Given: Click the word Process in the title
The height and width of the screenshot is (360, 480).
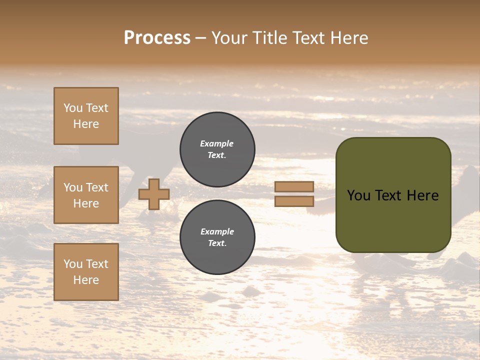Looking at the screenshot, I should click(157, 38).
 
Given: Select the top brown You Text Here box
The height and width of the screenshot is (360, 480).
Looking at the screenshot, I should click(86, 116).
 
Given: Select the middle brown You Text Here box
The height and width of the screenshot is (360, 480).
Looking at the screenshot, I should click(86, 195).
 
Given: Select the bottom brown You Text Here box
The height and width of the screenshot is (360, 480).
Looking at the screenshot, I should click(86, 271).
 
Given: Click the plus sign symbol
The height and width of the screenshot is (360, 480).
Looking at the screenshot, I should click(154, 194).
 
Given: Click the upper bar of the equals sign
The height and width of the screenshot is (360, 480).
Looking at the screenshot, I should click(294, 186).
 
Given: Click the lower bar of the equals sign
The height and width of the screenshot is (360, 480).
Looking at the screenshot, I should click(294, 201).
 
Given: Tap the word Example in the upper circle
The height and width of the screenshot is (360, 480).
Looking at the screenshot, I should click(217, 143).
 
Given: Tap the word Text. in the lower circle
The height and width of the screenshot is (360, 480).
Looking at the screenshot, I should click(217, 243).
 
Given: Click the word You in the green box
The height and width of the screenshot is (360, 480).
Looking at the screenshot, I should click(358, 195).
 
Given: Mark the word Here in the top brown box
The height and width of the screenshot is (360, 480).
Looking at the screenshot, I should click(86, 124).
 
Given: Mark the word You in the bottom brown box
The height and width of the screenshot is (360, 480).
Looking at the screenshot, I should click(73, 264).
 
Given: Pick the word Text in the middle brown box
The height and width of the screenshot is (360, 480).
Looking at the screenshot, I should click(96, 187).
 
